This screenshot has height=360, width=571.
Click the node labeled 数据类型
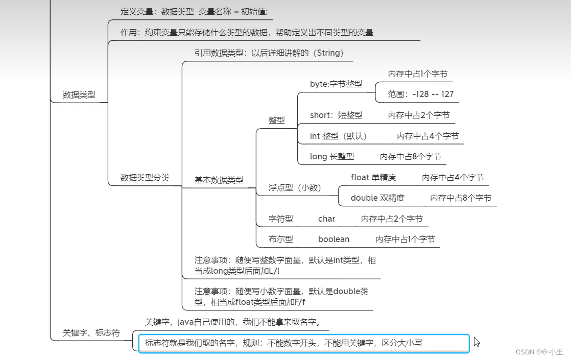(79, 94)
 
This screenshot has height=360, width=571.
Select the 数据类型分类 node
(145, 178)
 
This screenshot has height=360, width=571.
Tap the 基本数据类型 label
(219, 180)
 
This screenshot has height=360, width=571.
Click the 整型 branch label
(277, 120)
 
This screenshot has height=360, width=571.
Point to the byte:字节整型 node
(336, 84)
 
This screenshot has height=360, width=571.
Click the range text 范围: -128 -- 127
(420, 94)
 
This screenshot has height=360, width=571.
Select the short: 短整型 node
(336, 115)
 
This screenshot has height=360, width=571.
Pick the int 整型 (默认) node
(338, 136)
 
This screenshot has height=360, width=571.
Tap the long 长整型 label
(331, 157)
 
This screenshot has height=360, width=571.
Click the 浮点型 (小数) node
(295, 188)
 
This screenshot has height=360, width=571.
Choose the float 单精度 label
(373, 177)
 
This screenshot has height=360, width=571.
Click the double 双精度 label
(377, 198)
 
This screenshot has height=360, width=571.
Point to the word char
(326, 219)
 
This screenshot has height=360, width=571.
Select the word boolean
(334, 239)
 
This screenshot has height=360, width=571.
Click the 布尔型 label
(281, 239)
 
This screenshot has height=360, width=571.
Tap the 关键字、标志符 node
(91, 332)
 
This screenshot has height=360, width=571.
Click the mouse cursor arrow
(477, 342)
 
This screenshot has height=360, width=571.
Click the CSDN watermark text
(539, 352)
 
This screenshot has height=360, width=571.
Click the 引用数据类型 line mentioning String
(269, 53)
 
